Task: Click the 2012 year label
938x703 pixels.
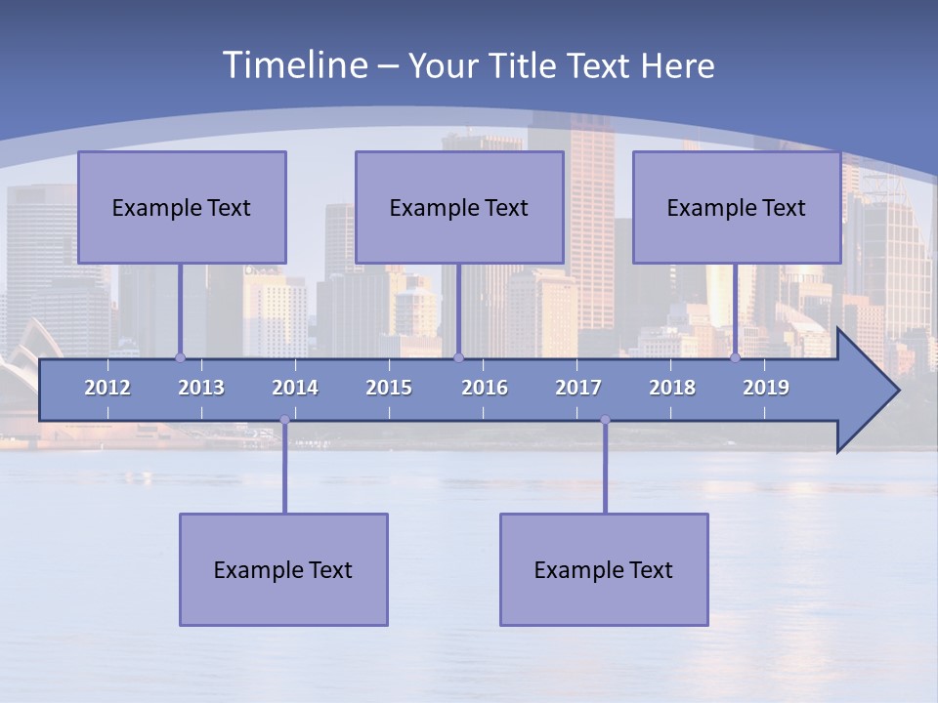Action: tap(107, 388)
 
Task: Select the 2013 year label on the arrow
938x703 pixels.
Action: tap(201, 388)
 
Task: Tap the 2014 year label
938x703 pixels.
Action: tap(295, 388)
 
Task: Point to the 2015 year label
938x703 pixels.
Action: tap(389, 388)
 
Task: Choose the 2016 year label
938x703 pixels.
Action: tap(485, 388)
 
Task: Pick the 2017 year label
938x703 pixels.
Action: tap(578, 388)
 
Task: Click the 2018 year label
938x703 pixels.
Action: tap(672, 388)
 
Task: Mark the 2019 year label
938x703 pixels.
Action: tap(766, 388)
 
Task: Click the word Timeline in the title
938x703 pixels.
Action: tap(294, 65)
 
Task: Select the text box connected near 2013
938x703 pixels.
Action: tap(182, 207)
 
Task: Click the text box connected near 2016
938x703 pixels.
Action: tap(459, 207)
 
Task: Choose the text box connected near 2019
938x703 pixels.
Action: tap(737, 207)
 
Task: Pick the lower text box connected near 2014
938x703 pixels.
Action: tap(283, 569)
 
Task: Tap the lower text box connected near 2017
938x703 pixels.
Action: tap(604, 569)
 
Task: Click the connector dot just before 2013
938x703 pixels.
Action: tap(180, 357)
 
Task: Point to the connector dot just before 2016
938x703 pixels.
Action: tap(459, 357)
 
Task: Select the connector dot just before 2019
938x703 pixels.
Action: tap(736, 357)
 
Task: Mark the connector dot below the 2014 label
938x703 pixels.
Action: tap(284, 420)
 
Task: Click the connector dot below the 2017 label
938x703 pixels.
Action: tap(605, 420)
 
